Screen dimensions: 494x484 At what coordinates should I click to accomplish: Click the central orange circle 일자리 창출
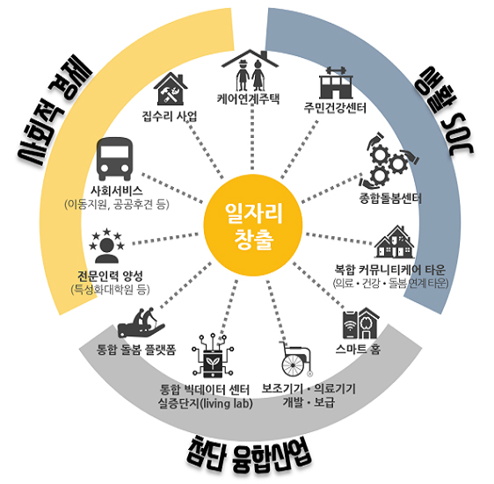253,225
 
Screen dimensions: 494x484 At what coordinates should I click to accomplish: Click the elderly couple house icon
251,70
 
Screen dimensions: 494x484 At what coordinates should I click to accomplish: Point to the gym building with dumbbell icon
336,83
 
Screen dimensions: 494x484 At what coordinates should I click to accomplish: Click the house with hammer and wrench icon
171,89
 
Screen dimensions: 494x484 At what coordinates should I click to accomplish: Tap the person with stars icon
107,246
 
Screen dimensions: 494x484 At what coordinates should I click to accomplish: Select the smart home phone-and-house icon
360,323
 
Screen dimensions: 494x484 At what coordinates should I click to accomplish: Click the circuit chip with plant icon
213,356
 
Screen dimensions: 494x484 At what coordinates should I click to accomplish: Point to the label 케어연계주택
248,99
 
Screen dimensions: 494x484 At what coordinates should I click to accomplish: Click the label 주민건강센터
335,108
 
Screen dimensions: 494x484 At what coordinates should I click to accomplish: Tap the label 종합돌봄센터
390,198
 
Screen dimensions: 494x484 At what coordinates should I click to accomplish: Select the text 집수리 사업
170,116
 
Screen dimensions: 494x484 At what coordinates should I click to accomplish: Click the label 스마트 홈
358,349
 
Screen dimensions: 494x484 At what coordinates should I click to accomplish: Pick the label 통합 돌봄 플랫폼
136,350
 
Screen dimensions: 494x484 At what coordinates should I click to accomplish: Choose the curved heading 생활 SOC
444,110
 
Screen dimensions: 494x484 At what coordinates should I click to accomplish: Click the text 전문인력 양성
110,276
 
